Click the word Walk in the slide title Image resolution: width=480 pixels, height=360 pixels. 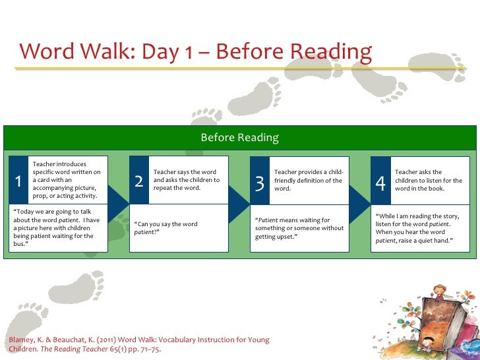[x=108, y=51]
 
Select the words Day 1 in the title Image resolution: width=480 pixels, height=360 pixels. [x=164, y=51]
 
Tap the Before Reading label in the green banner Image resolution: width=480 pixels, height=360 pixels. [x=239, y=138]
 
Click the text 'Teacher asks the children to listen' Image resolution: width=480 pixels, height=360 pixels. [x=428, y=180]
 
